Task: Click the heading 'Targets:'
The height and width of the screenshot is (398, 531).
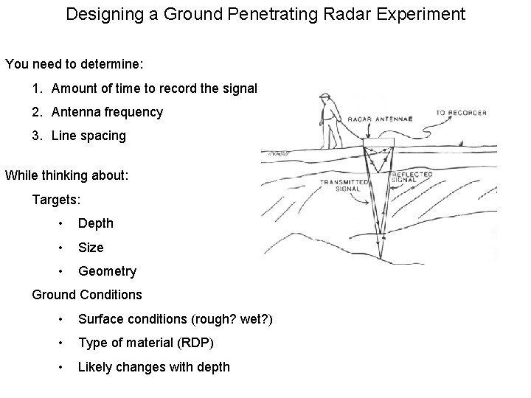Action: (x=56, y=199)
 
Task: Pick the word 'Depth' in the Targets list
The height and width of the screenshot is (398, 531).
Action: (x=96, y=223)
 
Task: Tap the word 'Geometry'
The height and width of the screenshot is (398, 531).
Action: (x=107, y=271)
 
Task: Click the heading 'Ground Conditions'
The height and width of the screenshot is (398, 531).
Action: (x=87, y=295)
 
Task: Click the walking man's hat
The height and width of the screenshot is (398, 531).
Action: (x=324, y=97)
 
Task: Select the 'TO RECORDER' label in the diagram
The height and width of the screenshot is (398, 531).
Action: (x=460, y=113)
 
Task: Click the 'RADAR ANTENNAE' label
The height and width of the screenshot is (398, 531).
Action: (x=380, y=119)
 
